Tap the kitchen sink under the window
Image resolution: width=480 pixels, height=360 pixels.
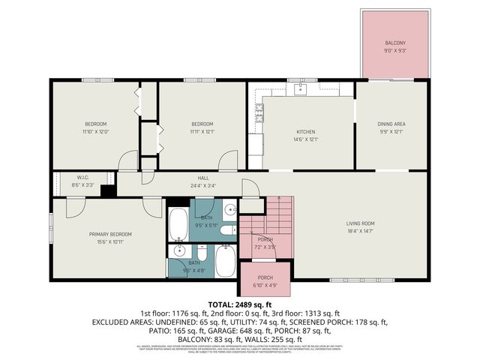click(299, 88)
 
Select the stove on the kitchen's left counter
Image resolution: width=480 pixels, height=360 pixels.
click(259, 113)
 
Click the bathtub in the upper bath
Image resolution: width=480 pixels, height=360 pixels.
click(178, 222)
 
